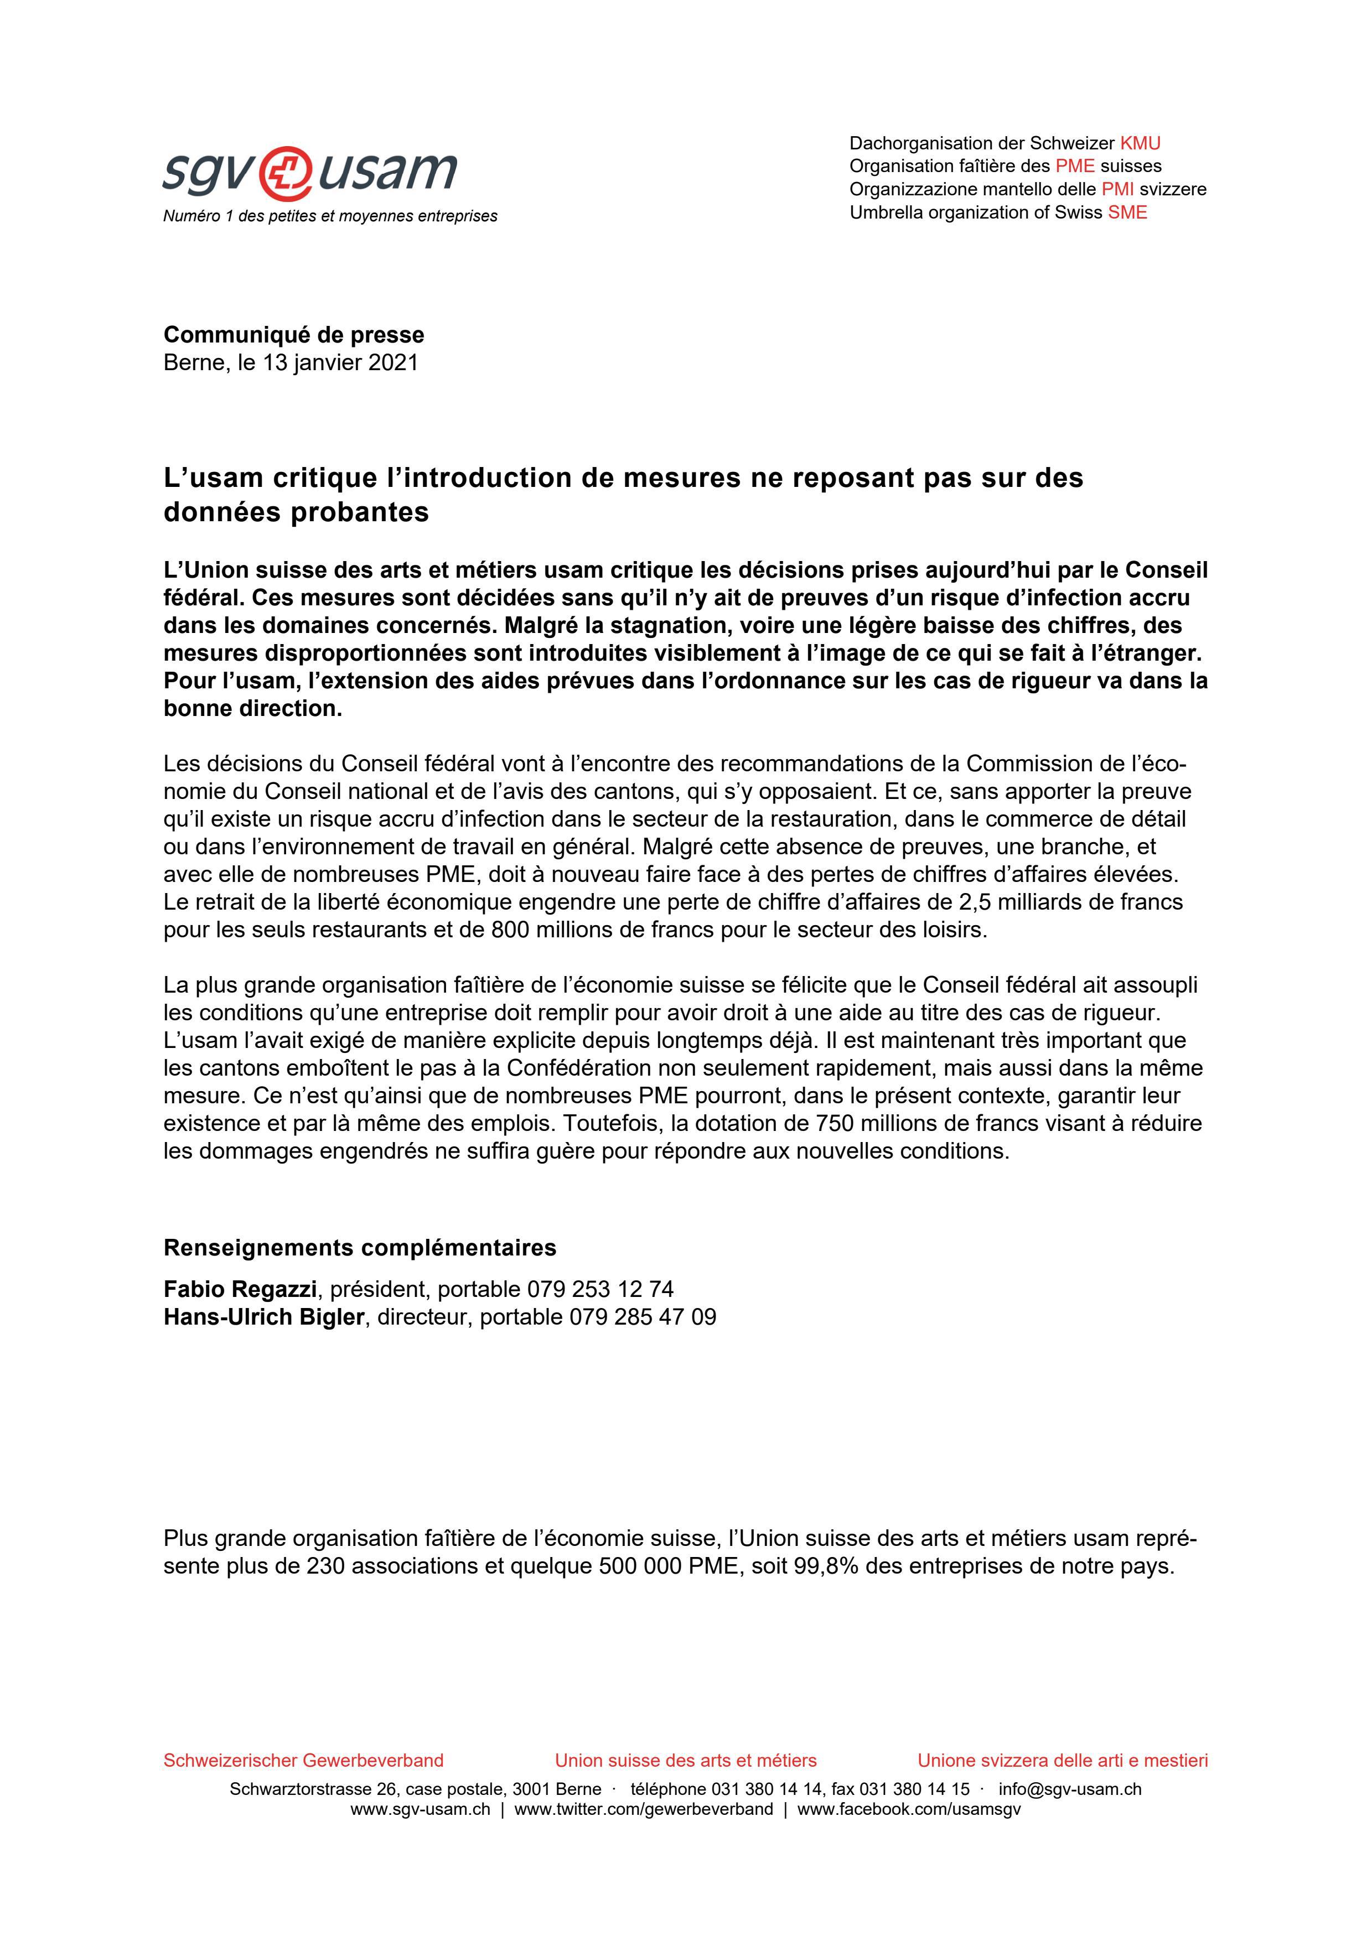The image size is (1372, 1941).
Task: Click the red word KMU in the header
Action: [1140, 144]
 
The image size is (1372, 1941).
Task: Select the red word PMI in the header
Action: [1117, 189]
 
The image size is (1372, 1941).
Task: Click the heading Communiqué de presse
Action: [293, 335]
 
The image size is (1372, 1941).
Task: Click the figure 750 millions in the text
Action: [882, 1124]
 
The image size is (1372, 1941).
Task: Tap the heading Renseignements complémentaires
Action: [359, 1248]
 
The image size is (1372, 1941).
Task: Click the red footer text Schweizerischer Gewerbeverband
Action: [303, 1761]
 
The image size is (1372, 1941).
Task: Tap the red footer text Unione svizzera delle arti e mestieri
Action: [1063, 1761]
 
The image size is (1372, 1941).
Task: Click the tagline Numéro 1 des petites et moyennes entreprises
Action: [330, 216]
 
